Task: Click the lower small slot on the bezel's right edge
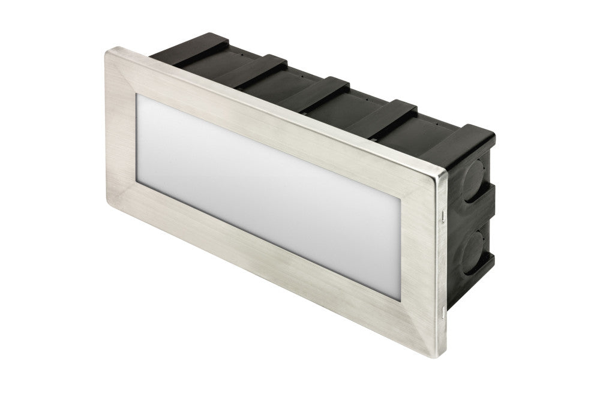pyautogui.click(x=443, y=310)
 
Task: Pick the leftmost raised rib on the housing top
pyautogui.click(x=198, y=49)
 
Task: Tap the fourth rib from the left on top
pyautogui.click(x=390, y=112)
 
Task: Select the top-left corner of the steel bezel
pyautogui.click(x=108, y=53)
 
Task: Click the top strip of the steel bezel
pyautogui.click(x=270, y=111)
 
